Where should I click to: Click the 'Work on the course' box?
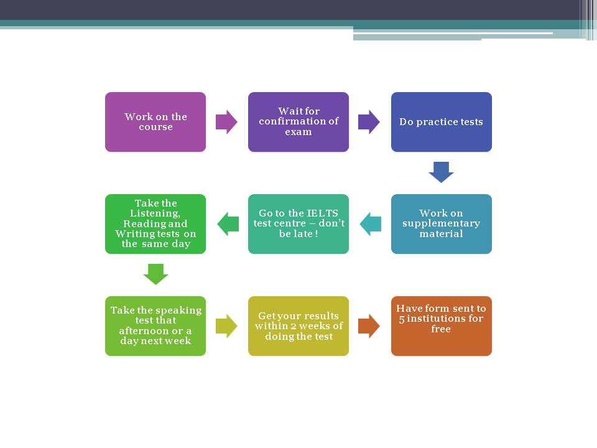(155, 122)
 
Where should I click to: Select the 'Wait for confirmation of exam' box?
(298, 122)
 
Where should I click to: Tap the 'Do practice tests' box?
(442, 122)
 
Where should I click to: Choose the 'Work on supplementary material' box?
(442, 224)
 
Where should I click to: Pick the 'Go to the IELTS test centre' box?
(298, 224)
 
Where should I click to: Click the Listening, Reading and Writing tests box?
(155, 224)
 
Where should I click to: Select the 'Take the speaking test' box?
(155, 326)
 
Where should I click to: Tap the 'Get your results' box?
(298, 326)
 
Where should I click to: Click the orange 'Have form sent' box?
(442, 326)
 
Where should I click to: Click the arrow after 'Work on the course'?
(226, 122)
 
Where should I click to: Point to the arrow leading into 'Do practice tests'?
(369, 122)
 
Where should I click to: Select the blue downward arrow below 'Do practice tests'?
(442, 172)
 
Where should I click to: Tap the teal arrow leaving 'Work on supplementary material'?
(371, 224)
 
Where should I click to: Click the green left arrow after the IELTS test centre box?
(228, 224)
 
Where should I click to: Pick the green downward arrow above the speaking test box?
(155, 274)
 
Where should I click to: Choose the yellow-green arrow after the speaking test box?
(226, 326)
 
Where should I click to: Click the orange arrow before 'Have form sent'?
(369, 326)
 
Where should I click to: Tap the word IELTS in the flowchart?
(322, 213)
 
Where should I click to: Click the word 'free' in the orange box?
(441, 329)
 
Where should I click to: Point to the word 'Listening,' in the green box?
(155, 213)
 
